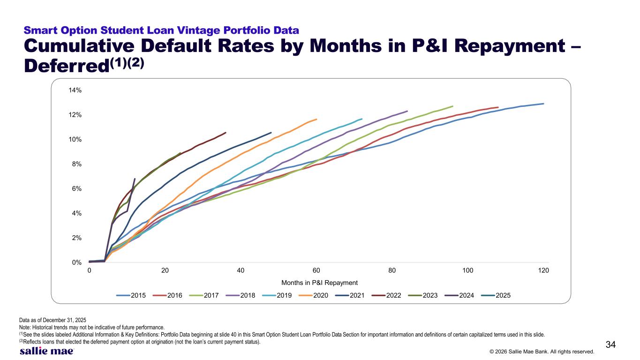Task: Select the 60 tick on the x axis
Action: (x=316, y=270)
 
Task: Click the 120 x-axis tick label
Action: (x=543, y=270)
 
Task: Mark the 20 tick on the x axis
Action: (x=165, y=270)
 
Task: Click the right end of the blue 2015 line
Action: (x=543, y=104)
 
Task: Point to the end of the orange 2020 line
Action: (x=316, y=119)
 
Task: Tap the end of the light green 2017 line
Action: (x=452, y=106)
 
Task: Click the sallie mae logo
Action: (x=46, y=351)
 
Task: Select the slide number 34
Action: (x=610, y=345)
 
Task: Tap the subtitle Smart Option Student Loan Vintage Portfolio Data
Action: (x=161, y=30)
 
